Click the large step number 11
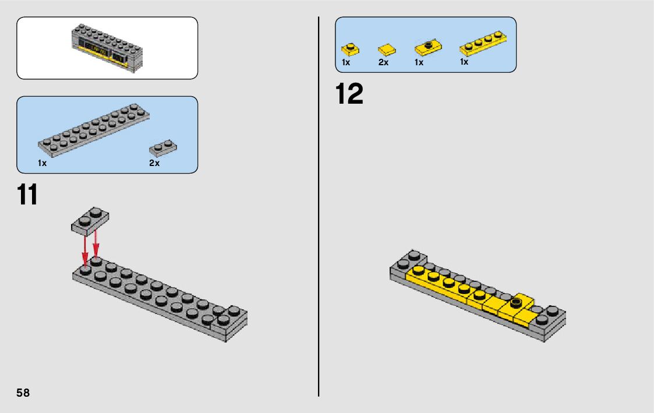click(27, 195)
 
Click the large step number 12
click(349, 95)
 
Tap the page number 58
click(23, 393)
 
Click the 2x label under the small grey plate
click(154, 164)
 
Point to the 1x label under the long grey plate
click(42, 164)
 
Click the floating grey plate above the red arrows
click(90, 220)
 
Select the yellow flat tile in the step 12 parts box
click(386, 50)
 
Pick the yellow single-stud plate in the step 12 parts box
click(350, 49)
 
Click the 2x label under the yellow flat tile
click(383, 62)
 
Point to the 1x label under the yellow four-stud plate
click(464, 62)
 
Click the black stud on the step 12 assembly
click(516, 302)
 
